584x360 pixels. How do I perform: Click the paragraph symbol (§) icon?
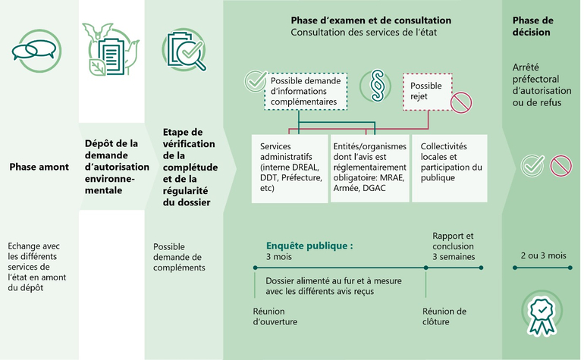375,86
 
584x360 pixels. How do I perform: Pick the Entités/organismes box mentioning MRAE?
370,168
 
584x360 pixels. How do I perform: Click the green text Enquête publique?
309,246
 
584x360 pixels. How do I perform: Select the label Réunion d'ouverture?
275,316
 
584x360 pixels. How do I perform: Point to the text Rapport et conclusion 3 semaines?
454,246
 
